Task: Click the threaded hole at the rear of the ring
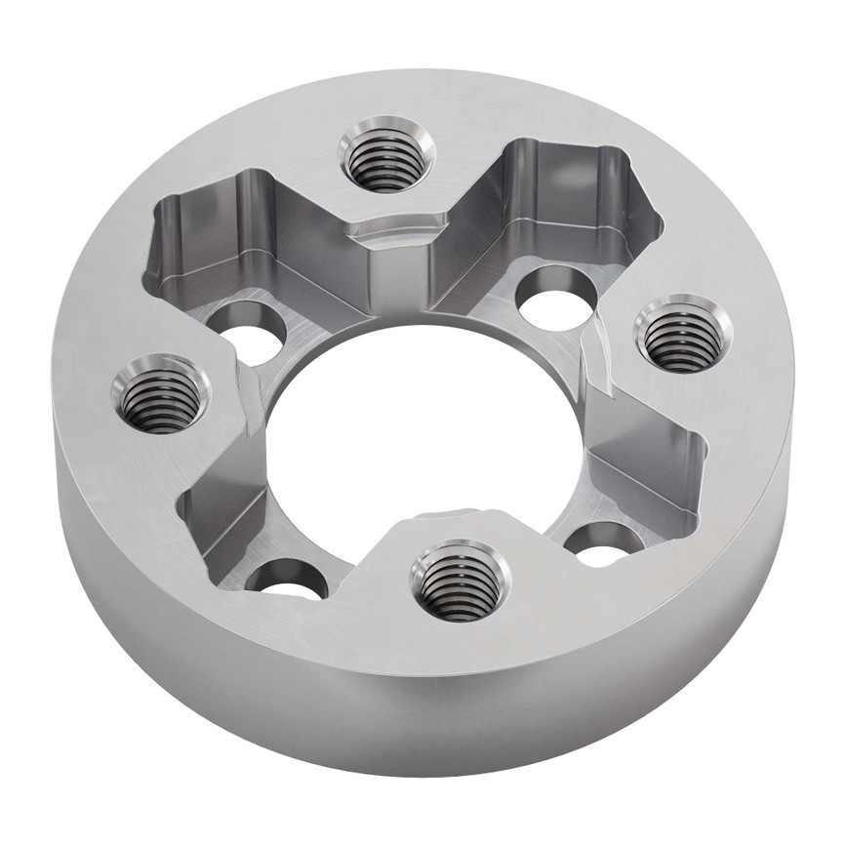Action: pyautogui.click(x=383, y=157)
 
